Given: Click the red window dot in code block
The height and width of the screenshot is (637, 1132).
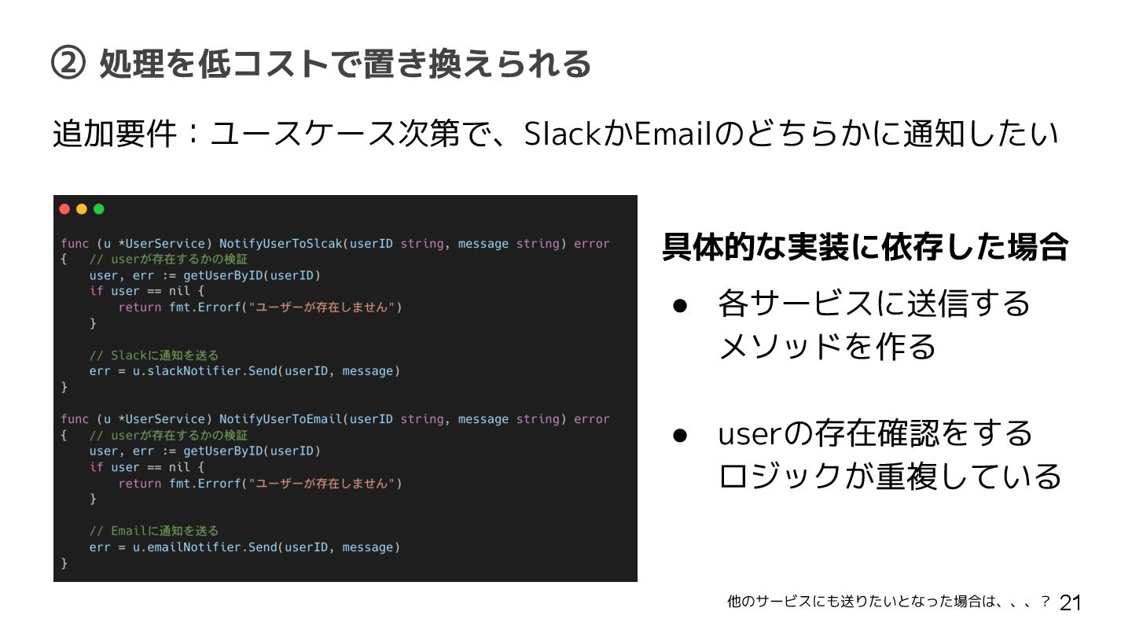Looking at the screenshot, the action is coord(64,209).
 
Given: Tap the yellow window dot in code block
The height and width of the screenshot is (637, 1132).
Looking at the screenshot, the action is coord(82,209).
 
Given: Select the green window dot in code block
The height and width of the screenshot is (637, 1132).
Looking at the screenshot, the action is coord(99,209).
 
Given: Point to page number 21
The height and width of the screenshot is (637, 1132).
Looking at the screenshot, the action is coord(1071,603).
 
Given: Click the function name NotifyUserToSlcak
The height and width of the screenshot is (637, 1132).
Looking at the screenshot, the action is coord(281,244).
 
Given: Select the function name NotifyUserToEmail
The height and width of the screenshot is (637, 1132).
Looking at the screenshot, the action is coord(281,419).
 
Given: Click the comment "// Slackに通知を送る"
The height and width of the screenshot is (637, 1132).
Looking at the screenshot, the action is coord(154,355).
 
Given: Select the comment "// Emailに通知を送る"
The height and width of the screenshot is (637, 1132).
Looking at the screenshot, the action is coord(154,531).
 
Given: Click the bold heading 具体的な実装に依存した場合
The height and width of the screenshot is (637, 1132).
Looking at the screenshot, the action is coord(865,247).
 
